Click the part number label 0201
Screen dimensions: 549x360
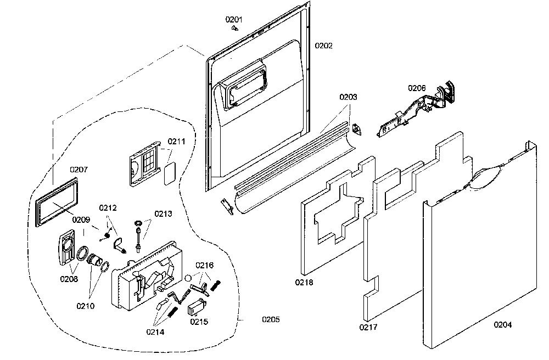(x=233, y=20)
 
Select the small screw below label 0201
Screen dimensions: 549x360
(x=235, y=29)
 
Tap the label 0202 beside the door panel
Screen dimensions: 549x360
(x=323, y=46)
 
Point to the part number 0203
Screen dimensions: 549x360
(x=348, y=97)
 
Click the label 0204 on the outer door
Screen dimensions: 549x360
(x=502, y=325)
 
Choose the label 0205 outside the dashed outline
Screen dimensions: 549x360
(x=271, y=319)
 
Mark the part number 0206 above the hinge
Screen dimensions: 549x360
(x=417, y=88)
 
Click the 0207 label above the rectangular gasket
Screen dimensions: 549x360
(x=79, y=170)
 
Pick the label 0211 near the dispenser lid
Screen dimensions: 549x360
(x=176, y=142)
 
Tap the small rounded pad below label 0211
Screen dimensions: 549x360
(x=170, y=173)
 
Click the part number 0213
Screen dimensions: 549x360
(x=163, y=213)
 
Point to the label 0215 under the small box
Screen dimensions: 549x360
(x=199, y=322)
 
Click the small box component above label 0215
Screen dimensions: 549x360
(x=197, y=307)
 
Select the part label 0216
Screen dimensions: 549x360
(x=204, y=265)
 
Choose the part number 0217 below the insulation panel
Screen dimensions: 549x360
(x=368, y=327)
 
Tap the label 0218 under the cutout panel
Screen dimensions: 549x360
(x=304, y=282)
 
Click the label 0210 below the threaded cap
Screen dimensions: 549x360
(x=86, y=306)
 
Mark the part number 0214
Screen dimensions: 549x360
(x=155, y=332)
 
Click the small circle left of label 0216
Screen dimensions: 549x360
(x=188, y=278)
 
